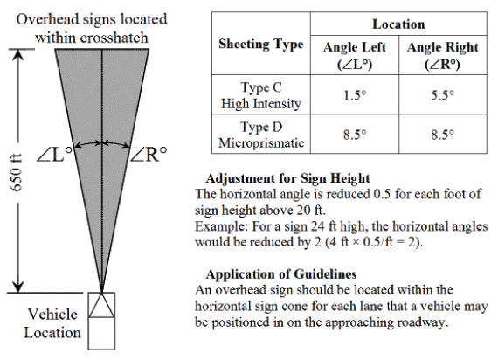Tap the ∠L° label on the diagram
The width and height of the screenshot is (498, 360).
click(55, 155)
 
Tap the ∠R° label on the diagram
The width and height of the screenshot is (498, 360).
click(149, 155)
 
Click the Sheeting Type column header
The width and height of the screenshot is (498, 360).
click(261, 44)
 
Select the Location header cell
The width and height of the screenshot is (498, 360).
click(398, 24)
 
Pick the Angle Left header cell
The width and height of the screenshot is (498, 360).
click(355, 56)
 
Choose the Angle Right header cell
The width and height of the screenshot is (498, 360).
click(442, 56)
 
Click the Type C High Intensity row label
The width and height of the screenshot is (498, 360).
click(261, 95)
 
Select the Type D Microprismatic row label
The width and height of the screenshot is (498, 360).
click(261, 135)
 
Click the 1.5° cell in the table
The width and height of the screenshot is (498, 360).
click(355, 95)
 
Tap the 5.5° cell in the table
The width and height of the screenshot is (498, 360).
click(442, 95)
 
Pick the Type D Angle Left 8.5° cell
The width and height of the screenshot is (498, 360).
click(355, 135)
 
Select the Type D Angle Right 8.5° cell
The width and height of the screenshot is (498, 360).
click(442, 135)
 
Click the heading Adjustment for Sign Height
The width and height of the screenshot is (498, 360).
click(287, 178)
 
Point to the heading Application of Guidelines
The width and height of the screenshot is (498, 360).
click(281, 273)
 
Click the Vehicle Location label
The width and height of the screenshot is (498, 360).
click(52, 323)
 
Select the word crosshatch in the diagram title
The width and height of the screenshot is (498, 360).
click(114, 38)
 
